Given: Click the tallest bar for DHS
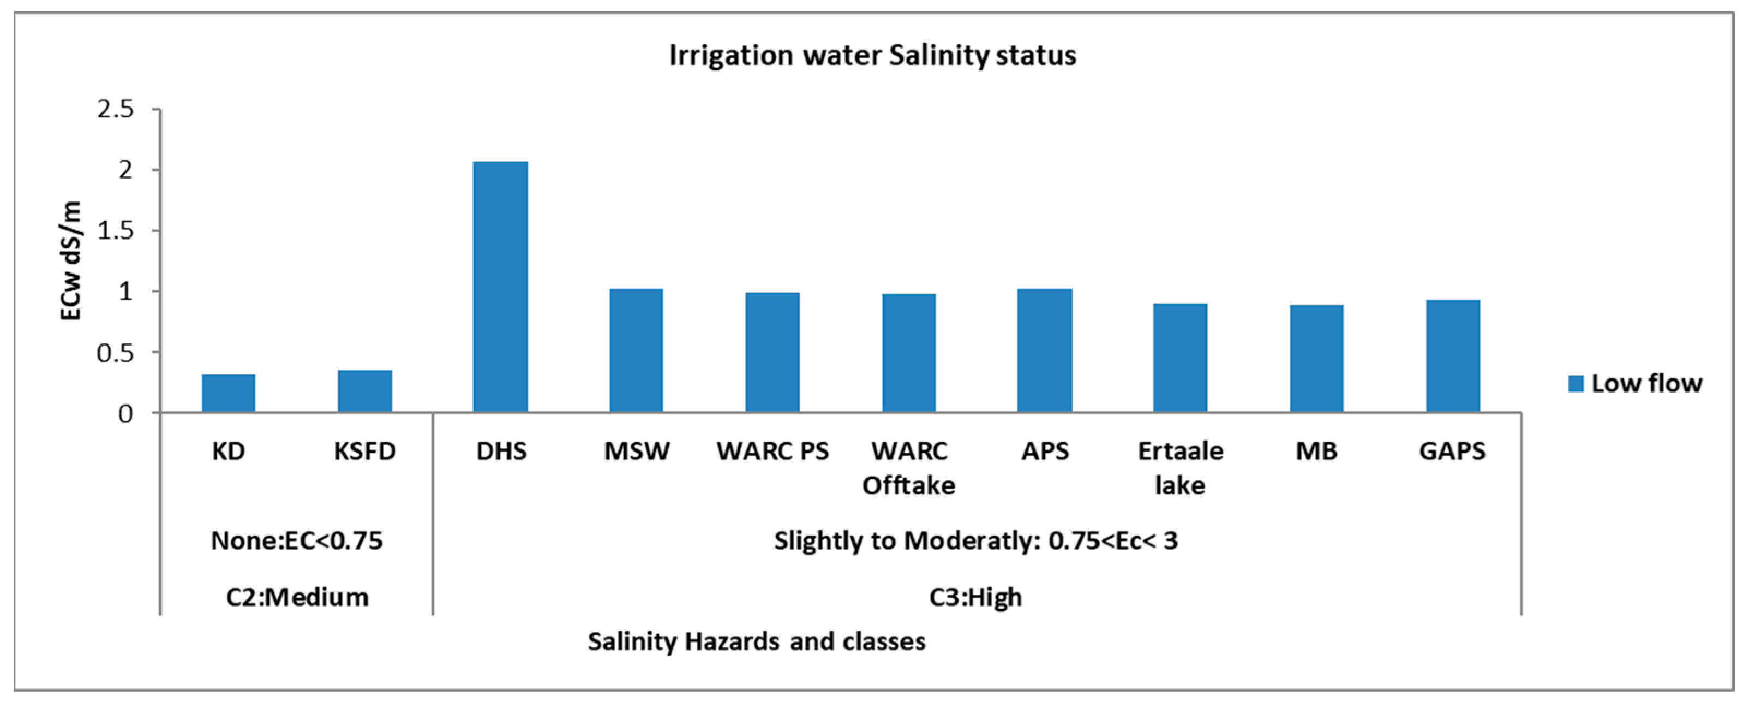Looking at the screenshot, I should click(x=500, y=287).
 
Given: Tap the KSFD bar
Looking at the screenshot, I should click(x=364, y=391).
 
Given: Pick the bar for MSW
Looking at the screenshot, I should click(x=636, y=350).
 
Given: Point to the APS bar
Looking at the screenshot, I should click(x=1044, y=350).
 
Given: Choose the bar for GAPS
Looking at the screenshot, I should click(x=1452, y=356).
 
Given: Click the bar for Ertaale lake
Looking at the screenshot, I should click(x=1180, y=358).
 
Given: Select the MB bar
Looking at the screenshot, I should click(x=1316, y=359).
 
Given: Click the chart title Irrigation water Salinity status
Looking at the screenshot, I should click(x=872, y=55).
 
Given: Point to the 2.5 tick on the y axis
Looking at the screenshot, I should click(x=116, y=109).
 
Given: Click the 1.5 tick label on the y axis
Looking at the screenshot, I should click(x=116, y=231).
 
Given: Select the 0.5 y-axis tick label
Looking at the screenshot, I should click(x=116, y=353).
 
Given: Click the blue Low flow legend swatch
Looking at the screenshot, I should click(x=1576, y=384).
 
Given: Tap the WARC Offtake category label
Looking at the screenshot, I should click(x=908, y=468).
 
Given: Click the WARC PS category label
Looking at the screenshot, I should click(x=772, y=451).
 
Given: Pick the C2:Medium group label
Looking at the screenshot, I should click(x=297, y=597).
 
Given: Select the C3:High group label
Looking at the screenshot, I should click(x=975, y=597).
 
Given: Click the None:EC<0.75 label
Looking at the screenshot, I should click(x=297, y=540).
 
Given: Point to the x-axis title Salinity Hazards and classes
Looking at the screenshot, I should click(x=756, y=641).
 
